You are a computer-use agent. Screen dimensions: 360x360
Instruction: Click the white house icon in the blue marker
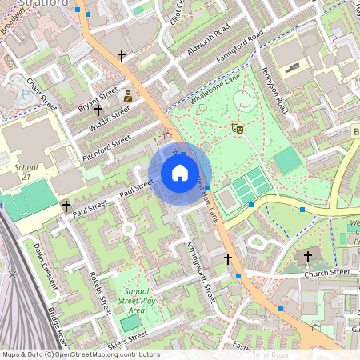(x=180, y=173)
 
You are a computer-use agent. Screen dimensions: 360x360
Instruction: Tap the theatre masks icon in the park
(x=237, y=127)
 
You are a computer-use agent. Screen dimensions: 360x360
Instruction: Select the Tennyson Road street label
(x=273, y=89)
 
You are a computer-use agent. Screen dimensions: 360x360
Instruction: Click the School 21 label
(x=26, y=172)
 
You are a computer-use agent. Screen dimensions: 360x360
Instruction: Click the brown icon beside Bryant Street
(x=127, y=96)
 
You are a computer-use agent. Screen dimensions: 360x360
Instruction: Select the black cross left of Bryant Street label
(x=99, y=110)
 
